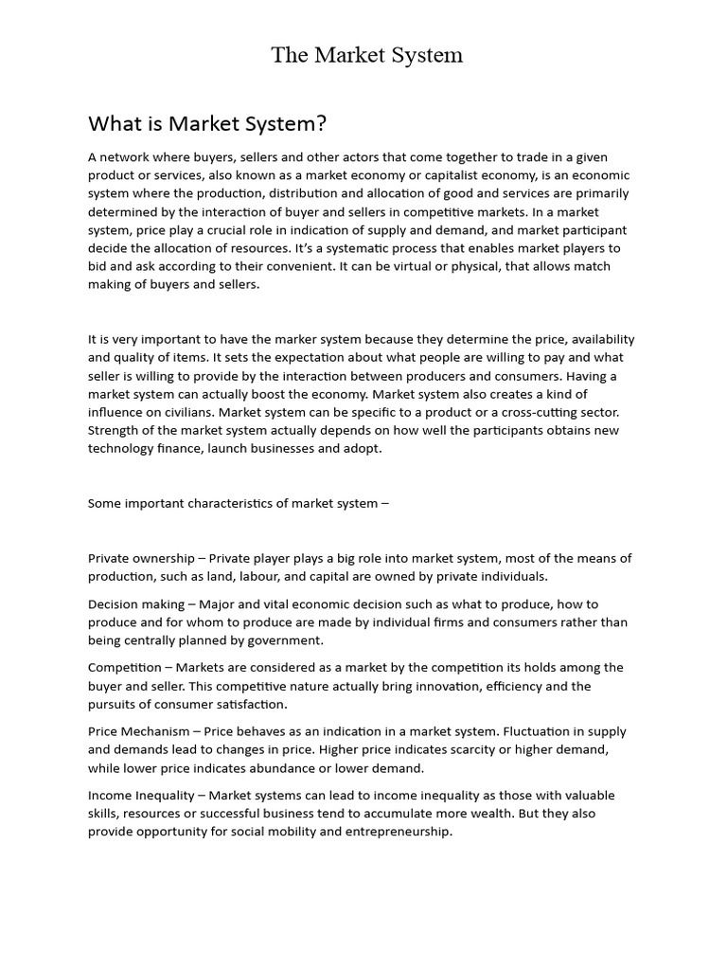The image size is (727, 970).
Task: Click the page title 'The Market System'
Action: pos(366,55)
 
